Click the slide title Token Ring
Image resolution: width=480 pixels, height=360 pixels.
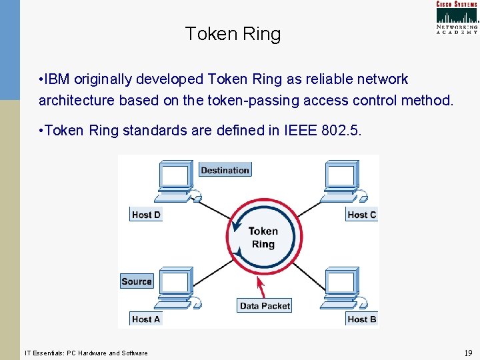[x=233, y=34]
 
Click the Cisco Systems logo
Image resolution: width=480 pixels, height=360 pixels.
[x=457, y=17]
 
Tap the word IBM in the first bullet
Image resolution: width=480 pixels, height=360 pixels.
[x=59, y=79]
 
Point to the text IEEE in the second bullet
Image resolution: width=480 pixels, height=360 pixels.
[x=299, y=131]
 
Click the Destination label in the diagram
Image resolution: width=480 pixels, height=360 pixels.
[x=225, y=170]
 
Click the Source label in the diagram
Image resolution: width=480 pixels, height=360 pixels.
[x=137, y=281]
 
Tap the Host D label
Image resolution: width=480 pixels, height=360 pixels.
[x=146, y=215]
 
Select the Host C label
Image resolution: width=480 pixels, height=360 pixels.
[x=362, y=215]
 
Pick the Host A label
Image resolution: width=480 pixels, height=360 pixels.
[x=146, y=319]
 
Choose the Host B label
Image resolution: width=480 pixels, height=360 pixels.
[x=362, y=319]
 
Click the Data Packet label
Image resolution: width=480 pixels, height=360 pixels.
[x=265, y=305]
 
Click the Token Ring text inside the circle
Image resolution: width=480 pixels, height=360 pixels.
[x=263, y=237]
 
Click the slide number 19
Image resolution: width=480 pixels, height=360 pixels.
[x=467, y=353]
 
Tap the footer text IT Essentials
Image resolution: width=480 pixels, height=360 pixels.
[x=47, y=353]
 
